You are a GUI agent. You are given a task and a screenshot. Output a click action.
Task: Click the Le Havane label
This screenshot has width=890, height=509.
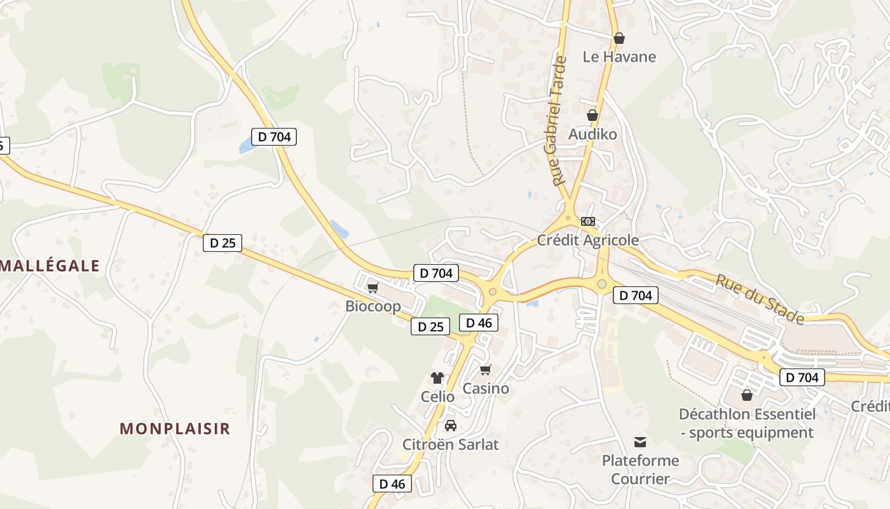pyautogui.click(x=619, y=57)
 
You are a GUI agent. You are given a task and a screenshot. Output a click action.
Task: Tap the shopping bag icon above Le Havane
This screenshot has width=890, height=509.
pyautogui.click(x=619, y=38)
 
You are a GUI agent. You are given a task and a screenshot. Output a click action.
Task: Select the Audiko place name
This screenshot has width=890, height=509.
pyautogui.click(x=592, y=134)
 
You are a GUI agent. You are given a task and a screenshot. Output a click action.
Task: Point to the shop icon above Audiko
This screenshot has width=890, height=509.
pyautogui.click(x=592, y=115)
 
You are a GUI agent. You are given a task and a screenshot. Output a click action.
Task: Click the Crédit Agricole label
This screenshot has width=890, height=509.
pyautogui.click(x=588, y=240)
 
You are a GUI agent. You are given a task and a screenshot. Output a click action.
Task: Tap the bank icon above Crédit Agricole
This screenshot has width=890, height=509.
pyautogui.click(x=588, y=221)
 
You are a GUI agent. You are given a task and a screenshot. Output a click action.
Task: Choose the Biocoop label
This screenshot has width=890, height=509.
pyautogui.click(x=373, y=306)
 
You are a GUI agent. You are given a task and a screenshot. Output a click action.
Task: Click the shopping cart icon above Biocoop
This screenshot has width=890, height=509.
pyautogui.click(x=373, y=288)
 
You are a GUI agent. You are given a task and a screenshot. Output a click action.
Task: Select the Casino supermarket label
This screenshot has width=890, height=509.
pyautogui.click(x=486, y=388)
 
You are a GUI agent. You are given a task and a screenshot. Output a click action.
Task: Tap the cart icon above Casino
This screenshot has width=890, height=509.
pyautogui.click(x=486, y=370)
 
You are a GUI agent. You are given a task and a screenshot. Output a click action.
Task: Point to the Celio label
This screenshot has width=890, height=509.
pyautogui.click(x=437, y=396)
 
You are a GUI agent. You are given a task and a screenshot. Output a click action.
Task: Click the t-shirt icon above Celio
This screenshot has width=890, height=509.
pyautogui.click(x=437, y=378)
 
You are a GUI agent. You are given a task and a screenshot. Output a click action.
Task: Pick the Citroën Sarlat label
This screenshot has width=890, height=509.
pyautogui.click(x=451, y=444)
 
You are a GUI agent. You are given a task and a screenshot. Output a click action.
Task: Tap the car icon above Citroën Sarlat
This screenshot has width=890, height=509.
pyautogui.click(x=451, y=425)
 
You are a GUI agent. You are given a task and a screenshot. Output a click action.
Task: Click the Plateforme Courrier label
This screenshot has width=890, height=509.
pyautogui.click(x=640, y=469)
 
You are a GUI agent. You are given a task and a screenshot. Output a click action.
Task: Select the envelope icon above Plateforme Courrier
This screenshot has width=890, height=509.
pyautogui.click(x=640, y=442)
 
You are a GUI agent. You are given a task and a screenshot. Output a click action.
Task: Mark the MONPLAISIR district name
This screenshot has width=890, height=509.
pyautogui.click(x=175, y=428)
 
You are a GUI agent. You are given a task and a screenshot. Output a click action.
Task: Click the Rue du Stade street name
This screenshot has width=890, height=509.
pyautogui.click(x=760, y=298)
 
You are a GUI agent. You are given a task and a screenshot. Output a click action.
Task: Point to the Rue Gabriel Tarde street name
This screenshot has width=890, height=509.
pyautogui.click(x=556, y=121)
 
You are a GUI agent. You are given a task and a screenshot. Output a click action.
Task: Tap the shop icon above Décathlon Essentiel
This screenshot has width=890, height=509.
pyautogui.click(x=747, y=395)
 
